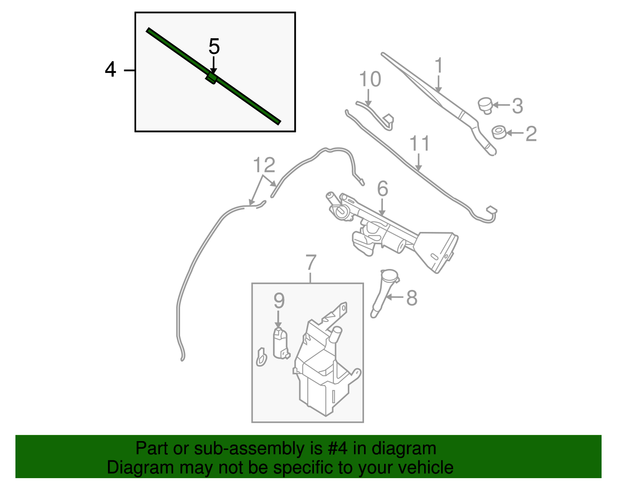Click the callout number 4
point(110,70)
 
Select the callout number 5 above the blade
point(214,47)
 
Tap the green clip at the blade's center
point(211,77)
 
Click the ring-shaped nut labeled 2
point(499,132)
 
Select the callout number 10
point(370,79)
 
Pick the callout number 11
point(419,144)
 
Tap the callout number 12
point(264,165)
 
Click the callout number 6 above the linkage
point(382,189)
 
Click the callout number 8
point(412,298)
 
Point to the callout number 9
point(279,301)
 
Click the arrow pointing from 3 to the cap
point(501,105)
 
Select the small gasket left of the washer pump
point(261,357)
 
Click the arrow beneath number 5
point(213,64)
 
